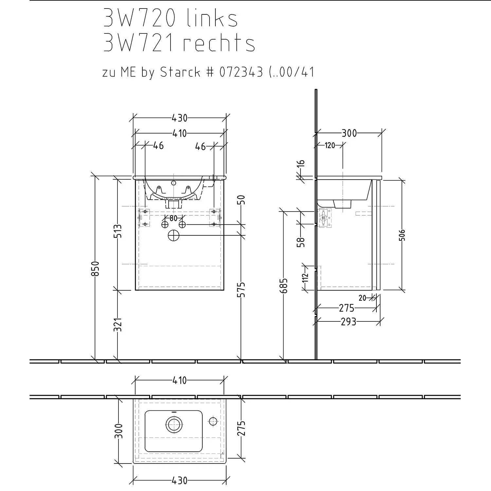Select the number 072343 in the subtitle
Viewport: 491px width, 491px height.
[241, 72]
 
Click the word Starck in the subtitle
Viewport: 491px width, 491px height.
[180, 72]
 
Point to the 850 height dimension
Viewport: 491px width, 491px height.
[95, 268]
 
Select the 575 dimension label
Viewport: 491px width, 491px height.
[241, 289]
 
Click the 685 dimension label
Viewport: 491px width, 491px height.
[284, 286]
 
